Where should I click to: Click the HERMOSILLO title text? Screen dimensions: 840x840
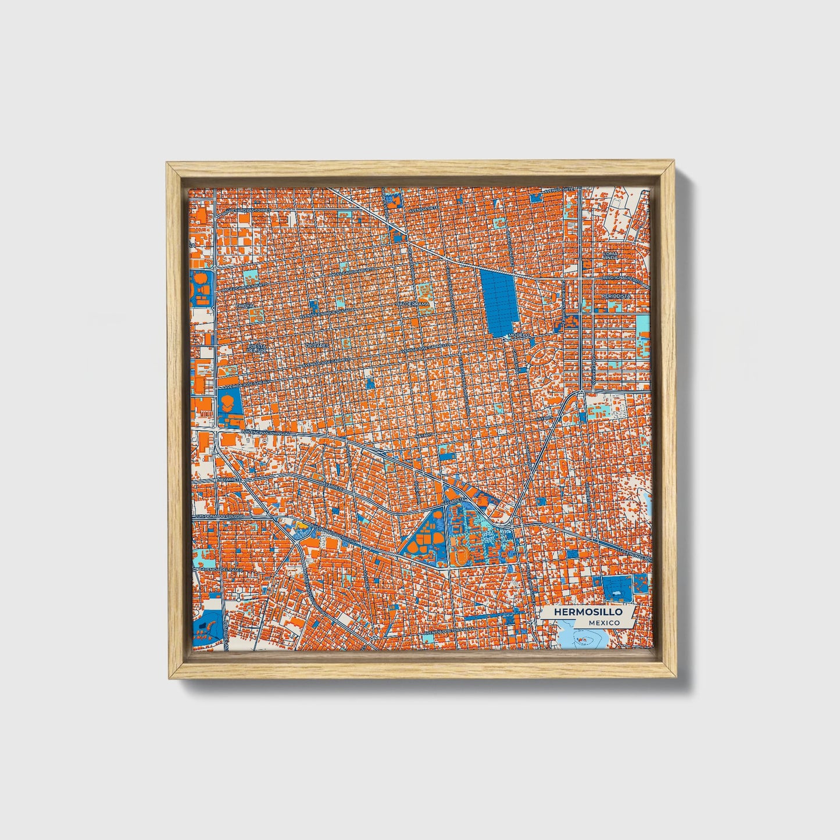point(588,612)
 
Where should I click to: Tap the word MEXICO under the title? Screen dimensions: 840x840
point(603,623)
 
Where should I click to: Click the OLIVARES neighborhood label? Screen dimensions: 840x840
point(317,344)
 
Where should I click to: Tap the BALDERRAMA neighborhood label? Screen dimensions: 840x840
point(412,304)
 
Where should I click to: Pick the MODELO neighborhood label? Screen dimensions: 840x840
point(519,335)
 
